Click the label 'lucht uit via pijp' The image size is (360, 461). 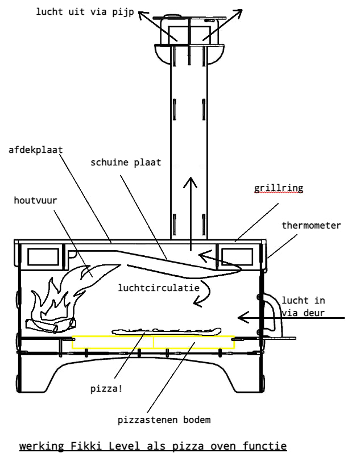tap(85, 11)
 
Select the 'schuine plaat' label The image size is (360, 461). tap(126, 162)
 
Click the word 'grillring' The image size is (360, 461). tap(278, 188)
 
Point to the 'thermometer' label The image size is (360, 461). tap(311, 226)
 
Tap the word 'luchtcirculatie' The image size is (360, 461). tap(159, 288)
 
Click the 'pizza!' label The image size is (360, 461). tap(106, 390)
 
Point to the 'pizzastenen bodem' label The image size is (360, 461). tap(164, 421)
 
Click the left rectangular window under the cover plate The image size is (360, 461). tap(43, 256)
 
